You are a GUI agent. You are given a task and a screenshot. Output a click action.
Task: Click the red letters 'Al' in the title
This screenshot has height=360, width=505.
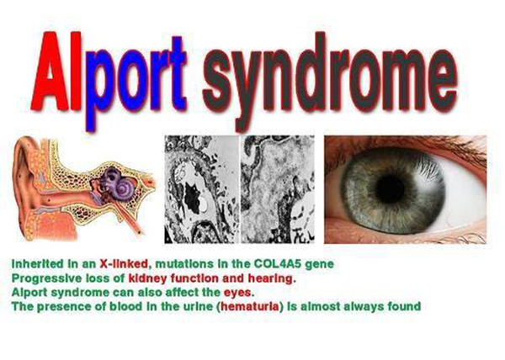click(x=56, y=71)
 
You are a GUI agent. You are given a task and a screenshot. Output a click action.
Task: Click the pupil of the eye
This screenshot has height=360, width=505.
click(x=391, y=189)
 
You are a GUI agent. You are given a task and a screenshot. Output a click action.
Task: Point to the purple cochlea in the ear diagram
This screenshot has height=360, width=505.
click(x=119, y=184)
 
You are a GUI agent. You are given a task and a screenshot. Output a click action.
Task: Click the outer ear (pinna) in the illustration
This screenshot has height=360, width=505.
click(x=24, y=180)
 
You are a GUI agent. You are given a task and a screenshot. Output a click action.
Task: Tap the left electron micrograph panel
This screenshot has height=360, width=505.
click(x=202, y=189)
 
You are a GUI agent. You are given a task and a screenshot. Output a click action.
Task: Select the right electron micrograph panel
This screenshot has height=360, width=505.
click(x=278, y=189)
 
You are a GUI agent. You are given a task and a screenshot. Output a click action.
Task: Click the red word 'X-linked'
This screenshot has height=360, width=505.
click(x=124, y=264)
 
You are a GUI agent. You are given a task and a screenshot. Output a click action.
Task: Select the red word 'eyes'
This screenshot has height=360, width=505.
click(x=238, y=293)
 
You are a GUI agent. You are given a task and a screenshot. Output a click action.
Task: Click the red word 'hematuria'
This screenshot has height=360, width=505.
click(x=250, y=307)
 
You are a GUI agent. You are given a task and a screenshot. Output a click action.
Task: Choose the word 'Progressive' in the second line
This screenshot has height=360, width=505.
click(x=46, y=278)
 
